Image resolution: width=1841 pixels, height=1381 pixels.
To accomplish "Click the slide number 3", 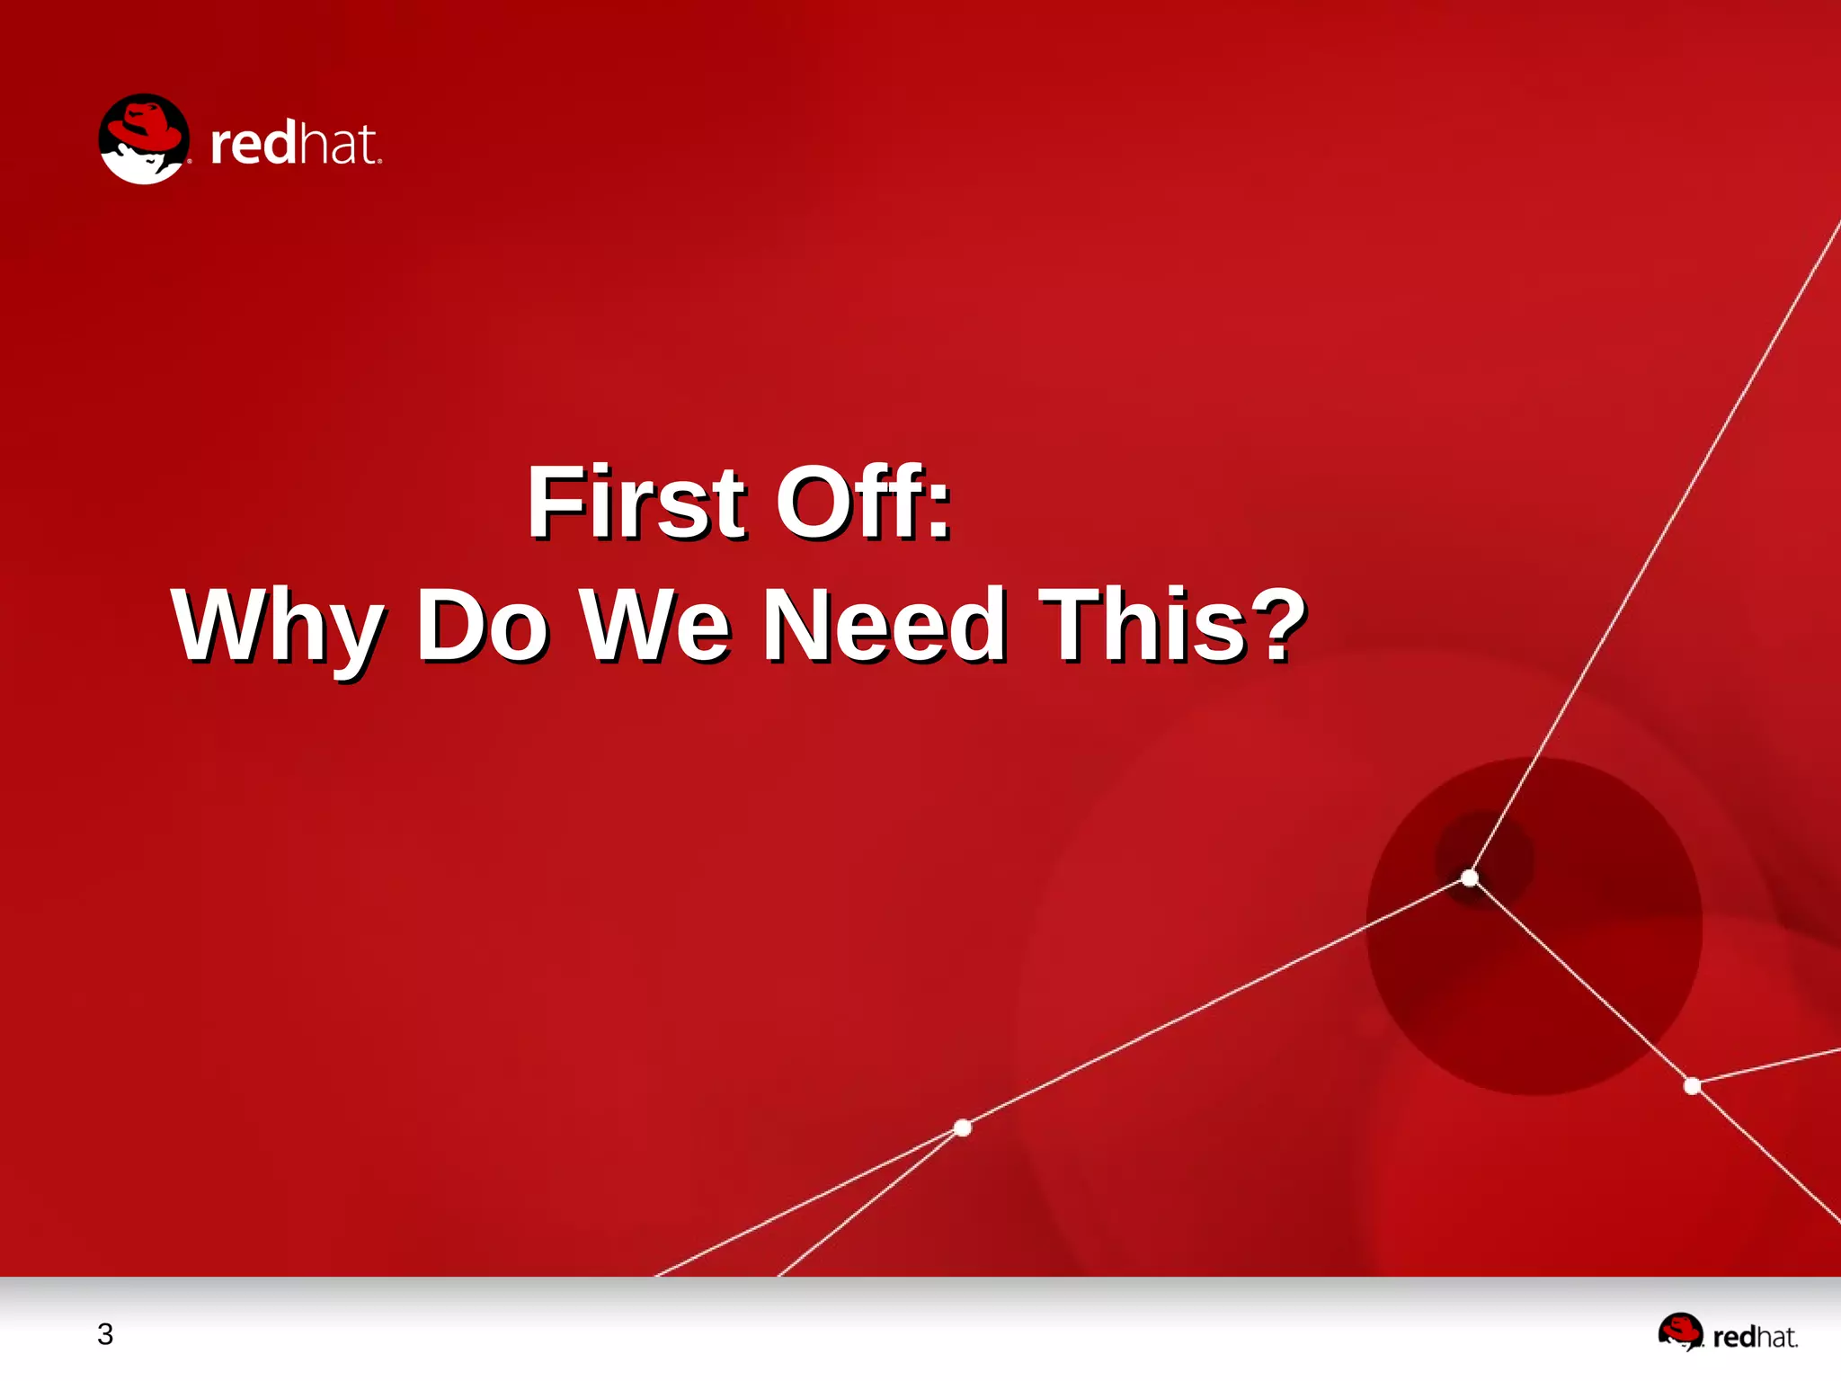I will point(105,1334).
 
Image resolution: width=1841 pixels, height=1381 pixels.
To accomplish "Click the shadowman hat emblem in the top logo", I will point(144,139).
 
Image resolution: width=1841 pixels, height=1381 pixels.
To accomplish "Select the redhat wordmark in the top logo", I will point(296,144).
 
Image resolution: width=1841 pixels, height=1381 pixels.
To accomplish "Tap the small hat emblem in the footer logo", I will point(1680,1332).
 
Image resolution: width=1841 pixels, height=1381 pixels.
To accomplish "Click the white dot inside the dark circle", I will point(1470,878).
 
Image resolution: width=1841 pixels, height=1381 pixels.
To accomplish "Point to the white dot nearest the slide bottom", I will point(963,1127).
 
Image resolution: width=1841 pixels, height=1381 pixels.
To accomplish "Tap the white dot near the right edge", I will point(1692,1086).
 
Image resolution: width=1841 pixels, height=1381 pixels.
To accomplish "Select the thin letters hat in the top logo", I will point(337,144).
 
